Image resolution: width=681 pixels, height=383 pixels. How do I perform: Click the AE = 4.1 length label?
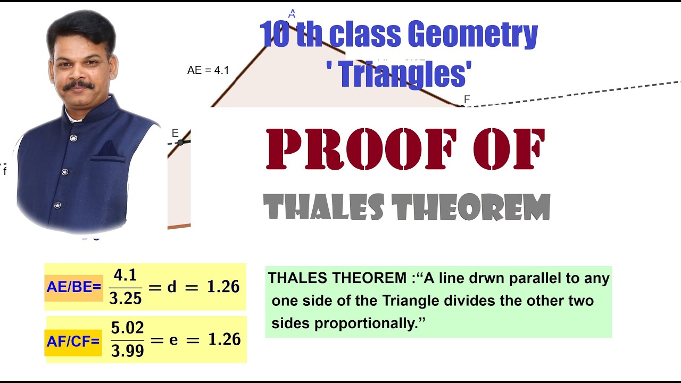click(208, 70)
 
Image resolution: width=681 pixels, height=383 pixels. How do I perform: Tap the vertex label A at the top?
click(292, 14)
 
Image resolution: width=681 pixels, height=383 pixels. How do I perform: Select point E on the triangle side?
click(181, 142)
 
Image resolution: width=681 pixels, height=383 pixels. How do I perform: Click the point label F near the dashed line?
click(467, 99)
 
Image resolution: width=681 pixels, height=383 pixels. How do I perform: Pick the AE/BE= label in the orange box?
click(73, 287)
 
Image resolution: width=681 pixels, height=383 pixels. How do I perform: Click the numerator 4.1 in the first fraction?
click(126, 276)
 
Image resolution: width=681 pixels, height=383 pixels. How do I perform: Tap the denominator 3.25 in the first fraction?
click(126, 298)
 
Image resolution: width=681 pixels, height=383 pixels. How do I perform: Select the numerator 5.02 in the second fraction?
click(128, 328)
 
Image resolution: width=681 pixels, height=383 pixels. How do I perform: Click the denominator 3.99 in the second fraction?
click(128, 351)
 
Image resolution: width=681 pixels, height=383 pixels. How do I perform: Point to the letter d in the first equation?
click(172, 287)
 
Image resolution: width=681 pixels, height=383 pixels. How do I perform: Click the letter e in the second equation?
click(173, 340)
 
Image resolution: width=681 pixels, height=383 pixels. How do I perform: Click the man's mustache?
click(79, 85)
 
